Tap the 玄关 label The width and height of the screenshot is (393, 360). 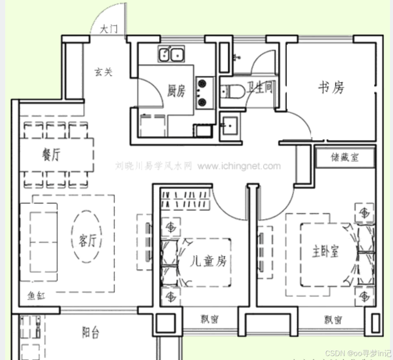[x=103, y=72]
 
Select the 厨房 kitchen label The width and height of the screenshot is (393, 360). [x=176, y=91]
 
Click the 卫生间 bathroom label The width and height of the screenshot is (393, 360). [x=260, y=88]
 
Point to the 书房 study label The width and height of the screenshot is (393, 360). [x=331, y=88]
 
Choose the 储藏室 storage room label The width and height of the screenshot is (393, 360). [x=345, y=157]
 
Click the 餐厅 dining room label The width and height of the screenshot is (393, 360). [x=51, y=155]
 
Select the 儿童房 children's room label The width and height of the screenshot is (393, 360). [x=210, y=261]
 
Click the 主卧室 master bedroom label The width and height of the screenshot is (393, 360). [x=326, y=251]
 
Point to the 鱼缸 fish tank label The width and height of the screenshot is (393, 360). [x=37, y=297]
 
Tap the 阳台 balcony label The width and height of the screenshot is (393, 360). [x=90, y=333]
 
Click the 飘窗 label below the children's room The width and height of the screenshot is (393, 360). [x=209, y=320]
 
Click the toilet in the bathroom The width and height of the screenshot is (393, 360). [x=234, y=91]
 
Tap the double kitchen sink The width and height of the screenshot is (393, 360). [x=171, y=55]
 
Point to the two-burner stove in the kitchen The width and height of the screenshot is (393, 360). [x=203, y=92]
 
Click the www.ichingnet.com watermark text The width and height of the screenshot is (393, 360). [x=239, y=166]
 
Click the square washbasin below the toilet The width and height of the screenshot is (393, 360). [x=229, y=125]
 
